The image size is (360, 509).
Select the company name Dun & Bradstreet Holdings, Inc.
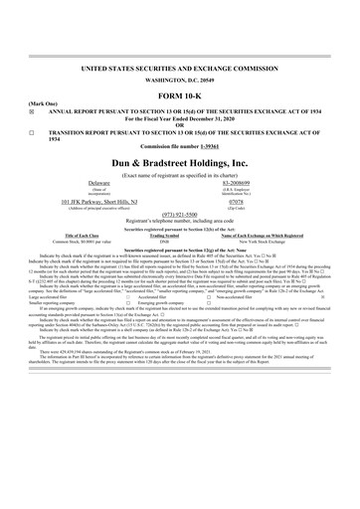pos(179,190)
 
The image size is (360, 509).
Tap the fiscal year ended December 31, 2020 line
pos(179,144)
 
